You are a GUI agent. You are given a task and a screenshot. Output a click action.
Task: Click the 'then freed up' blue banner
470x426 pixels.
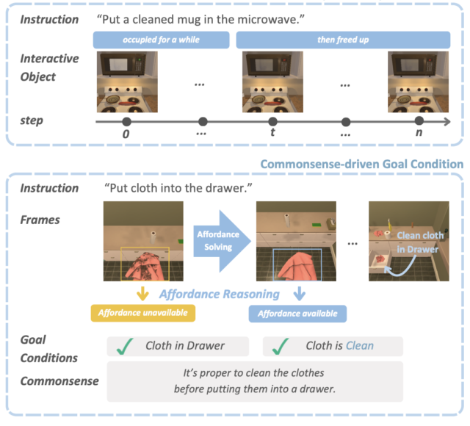(x=342, y=38)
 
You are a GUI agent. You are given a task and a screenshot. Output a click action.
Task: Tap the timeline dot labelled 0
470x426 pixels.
(x=126, y=121)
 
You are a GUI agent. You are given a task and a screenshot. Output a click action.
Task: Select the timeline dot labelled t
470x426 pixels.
(x=272, y=121)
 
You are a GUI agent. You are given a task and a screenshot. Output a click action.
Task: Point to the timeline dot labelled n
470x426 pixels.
(x=419, y=121)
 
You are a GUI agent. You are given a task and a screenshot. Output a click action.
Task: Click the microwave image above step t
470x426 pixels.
(x=272, y=81)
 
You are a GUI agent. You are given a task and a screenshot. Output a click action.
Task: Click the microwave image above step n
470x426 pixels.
(x=419, y=81)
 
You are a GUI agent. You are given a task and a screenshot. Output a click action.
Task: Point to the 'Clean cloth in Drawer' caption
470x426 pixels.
(x=417, y=242)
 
